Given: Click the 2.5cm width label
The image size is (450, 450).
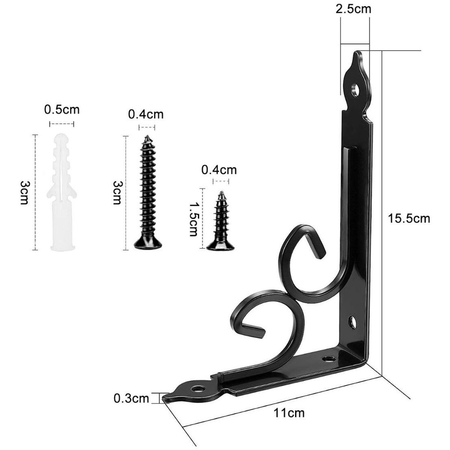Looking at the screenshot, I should pos(353,9).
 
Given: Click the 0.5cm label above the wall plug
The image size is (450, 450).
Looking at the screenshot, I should pos(62,110).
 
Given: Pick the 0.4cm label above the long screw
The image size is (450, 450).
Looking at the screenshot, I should pos(146,114).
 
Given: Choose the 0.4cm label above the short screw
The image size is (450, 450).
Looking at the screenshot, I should pos(219,170).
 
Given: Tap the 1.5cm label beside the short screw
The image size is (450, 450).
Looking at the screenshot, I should pos(193,219).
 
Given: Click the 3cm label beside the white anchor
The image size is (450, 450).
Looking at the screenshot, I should pos(23,192).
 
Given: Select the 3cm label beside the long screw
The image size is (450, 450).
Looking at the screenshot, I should pos(117,192).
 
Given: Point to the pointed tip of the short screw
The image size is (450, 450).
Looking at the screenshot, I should pos(221,193).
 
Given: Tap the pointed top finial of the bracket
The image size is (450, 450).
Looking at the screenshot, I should pos(358,56).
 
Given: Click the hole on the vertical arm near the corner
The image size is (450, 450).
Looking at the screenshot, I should pos(353,321).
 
